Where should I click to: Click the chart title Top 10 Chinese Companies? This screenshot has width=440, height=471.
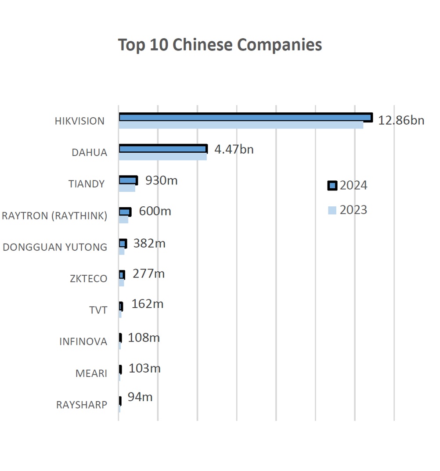(220, 45)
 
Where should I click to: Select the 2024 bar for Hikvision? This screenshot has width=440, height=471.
(245, 117)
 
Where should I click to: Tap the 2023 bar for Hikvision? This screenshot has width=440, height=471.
(241, 125)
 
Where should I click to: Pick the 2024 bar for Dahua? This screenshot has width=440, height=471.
(163, 149)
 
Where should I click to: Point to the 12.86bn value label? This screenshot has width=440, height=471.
(401, 120)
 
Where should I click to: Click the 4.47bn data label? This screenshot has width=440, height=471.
(234, 149)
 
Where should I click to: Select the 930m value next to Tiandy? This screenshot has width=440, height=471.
(161, 180)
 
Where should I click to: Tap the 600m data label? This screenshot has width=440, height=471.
(155, 211)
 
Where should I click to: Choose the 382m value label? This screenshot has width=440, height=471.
(149, 243)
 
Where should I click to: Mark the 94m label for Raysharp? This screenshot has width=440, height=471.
(140, 397)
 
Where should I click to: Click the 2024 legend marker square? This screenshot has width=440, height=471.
(332, 186)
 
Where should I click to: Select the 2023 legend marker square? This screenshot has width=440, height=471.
(332, 210)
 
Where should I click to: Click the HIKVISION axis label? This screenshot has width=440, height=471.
(80, 121)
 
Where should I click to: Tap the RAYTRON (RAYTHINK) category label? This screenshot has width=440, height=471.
(54, 216)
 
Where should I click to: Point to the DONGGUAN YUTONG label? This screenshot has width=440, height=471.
(55, 247)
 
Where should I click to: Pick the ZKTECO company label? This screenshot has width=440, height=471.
(88, 279)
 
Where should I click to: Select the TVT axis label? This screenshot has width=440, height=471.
(98, 310)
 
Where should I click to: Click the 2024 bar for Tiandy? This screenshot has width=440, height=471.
(128, 180)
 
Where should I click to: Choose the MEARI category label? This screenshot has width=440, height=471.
(91, 374)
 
